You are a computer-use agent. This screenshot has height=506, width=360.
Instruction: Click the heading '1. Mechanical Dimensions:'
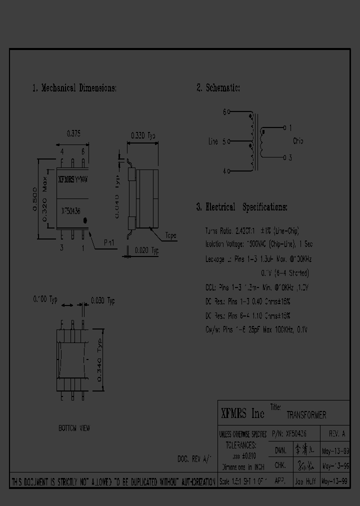pyautogui.click(x=74, y=88)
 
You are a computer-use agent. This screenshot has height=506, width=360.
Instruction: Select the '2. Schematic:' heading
pyautogui.click(x=218, y=88)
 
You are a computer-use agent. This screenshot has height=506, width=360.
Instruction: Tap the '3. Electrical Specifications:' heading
pyautogui.click(x=241, y=207)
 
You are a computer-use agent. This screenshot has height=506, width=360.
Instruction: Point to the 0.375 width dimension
pyautogui.click(x=73, y=133)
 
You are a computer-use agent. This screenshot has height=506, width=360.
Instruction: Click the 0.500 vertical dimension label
pyautogui.click(x=35, y=199)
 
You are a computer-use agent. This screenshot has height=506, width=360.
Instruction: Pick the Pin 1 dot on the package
pyautogui.click(x=85, y=219)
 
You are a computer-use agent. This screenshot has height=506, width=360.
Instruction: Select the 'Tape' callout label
pyautogui.click(x=170, y=235)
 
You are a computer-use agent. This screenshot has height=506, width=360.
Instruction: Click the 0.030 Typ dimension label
pyautogui.click(x=102, y=301)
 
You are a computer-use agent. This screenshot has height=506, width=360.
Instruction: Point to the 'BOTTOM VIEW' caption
pyautogui.click(x=74, y=428)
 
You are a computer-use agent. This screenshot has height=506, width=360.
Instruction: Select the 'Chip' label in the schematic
pyautogui.click(x=298, y=141)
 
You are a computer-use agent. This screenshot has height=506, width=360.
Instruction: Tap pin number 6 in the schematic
pyautogui.click(x=224, y=112)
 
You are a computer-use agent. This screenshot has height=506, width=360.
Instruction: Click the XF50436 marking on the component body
pyautogui.click(x=70, y=211)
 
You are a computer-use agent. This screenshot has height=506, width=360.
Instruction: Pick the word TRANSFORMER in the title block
pyautogui.click(x=306, y=415)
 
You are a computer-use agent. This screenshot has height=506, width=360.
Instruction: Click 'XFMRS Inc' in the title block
pyautogui.click(x=242, y=413)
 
